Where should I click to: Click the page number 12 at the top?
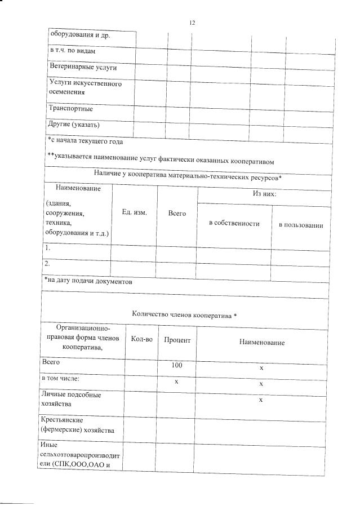click(x=192, y=23)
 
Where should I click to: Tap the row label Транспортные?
click(x=70, y=108)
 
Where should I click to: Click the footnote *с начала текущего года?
click(x=85, y=141)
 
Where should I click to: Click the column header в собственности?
click(x=234, y=224)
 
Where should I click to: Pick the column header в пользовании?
click(x=301, y=225)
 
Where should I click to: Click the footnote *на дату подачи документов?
click(x=88, y=281)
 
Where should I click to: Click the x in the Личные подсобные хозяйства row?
click(x=261, y=400)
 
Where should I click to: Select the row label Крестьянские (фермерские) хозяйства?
click(x=78, y=425)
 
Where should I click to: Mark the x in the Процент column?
click(x=176, y=382)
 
